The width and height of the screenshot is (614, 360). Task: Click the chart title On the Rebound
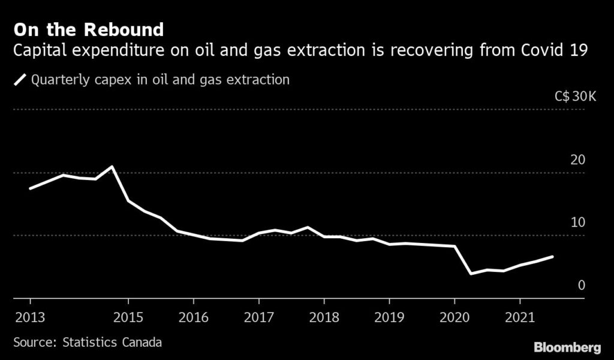(89, 29)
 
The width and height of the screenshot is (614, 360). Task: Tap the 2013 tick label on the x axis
(29, 316)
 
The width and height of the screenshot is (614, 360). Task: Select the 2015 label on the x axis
(128, 316)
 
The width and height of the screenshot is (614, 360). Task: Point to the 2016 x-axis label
(193, 316)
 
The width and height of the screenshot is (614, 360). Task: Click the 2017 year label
(258, 316)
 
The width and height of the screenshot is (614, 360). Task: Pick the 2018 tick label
(324, 316)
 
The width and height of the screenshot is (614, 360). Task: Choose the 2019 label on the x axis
(389, 316)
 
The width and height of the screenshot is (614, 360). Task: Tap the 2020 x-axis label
(455, 316)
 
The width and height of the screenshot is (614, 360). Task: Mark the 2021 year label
(520, 316)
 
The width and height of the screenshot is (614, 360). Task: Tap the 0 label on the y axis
(581, 285)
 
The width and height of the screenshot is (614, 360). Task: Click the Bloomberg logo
(567, 347)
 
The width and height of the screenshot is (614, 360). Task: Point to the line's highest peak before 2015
(112, 166)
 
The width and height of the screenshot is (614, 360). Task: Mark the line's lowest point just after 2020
(471, 274)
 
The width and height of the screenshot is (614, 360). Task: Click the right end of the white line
(553, 256)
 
